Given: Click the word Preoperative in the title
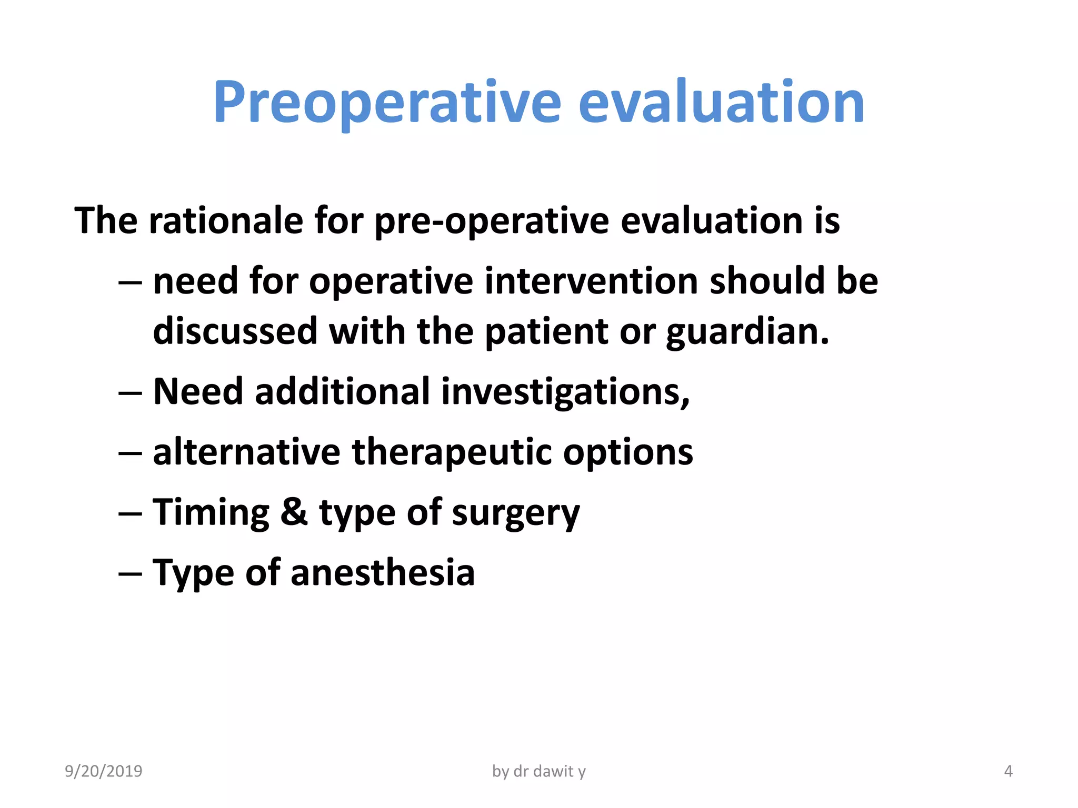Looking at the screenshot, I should click(387, 103).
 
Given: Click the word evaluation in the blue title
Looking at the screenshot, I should click(721, 103).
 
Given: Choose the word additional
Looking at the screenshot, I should click(342, 392).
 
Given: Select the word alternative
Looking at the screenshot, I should click(246, 452).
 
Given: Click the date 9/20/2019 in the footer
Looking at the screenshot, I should click(103, 771).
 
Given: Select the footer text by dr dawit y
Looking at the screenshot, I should click(538, 771).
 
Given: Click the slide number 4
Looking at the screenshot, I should click(1008, 771).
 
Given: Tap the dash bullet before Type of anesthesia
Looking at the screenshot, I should click(130, 573).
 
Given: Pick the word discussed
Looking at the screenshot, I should click(235, 331).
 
